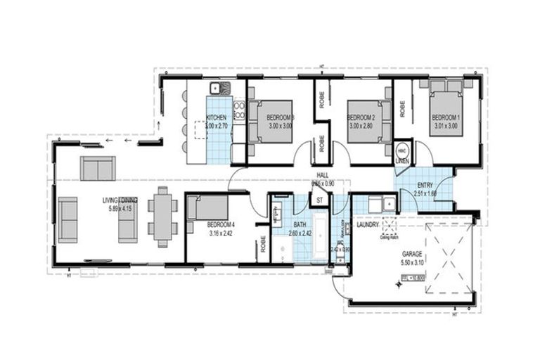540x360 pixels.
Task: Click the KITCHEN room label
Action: pos(216,117)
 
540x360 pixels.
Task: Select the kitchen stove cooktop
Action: pos(239,109)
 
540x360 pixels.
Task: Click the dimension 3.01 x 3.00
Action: pos(444,125)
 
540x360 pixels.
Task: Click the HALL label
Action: pos(322,176)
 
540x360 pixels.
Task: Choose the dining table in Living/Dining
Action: pos(162,216)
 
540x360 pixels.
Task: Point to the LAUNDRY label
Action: pos(368,224)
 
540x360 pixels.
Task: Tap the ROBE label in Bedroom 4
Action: pos(262,243)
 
